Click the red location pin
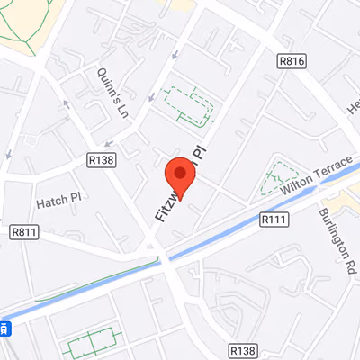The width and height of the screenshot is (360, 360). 180,175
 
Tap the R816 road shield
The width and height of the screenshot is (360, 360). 291,61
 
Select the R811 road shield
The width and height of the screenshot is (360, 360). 24,232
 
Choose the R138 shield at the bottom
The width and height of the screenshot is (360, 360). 242,350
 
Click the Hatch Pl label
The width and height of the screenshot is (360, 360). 58,196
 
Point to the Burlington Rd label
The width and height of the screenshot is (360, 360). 331,241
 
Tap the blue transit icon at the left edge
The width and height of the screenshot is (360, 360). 4,328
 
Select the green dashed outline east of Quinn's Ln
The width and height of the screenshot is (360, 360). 189,105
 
